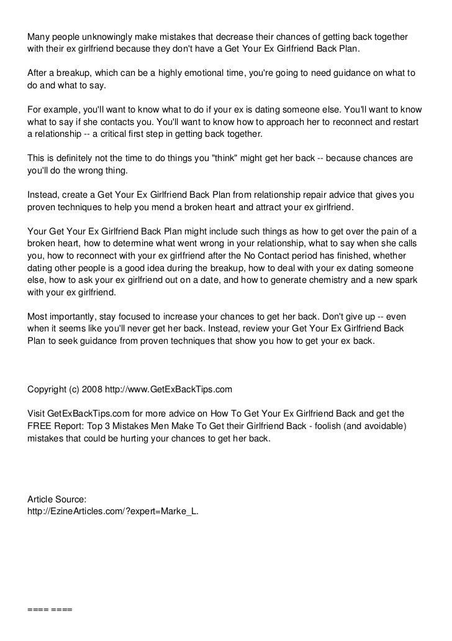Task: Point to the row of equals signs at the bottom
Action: pyautogui.click(x=50, y=609)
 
